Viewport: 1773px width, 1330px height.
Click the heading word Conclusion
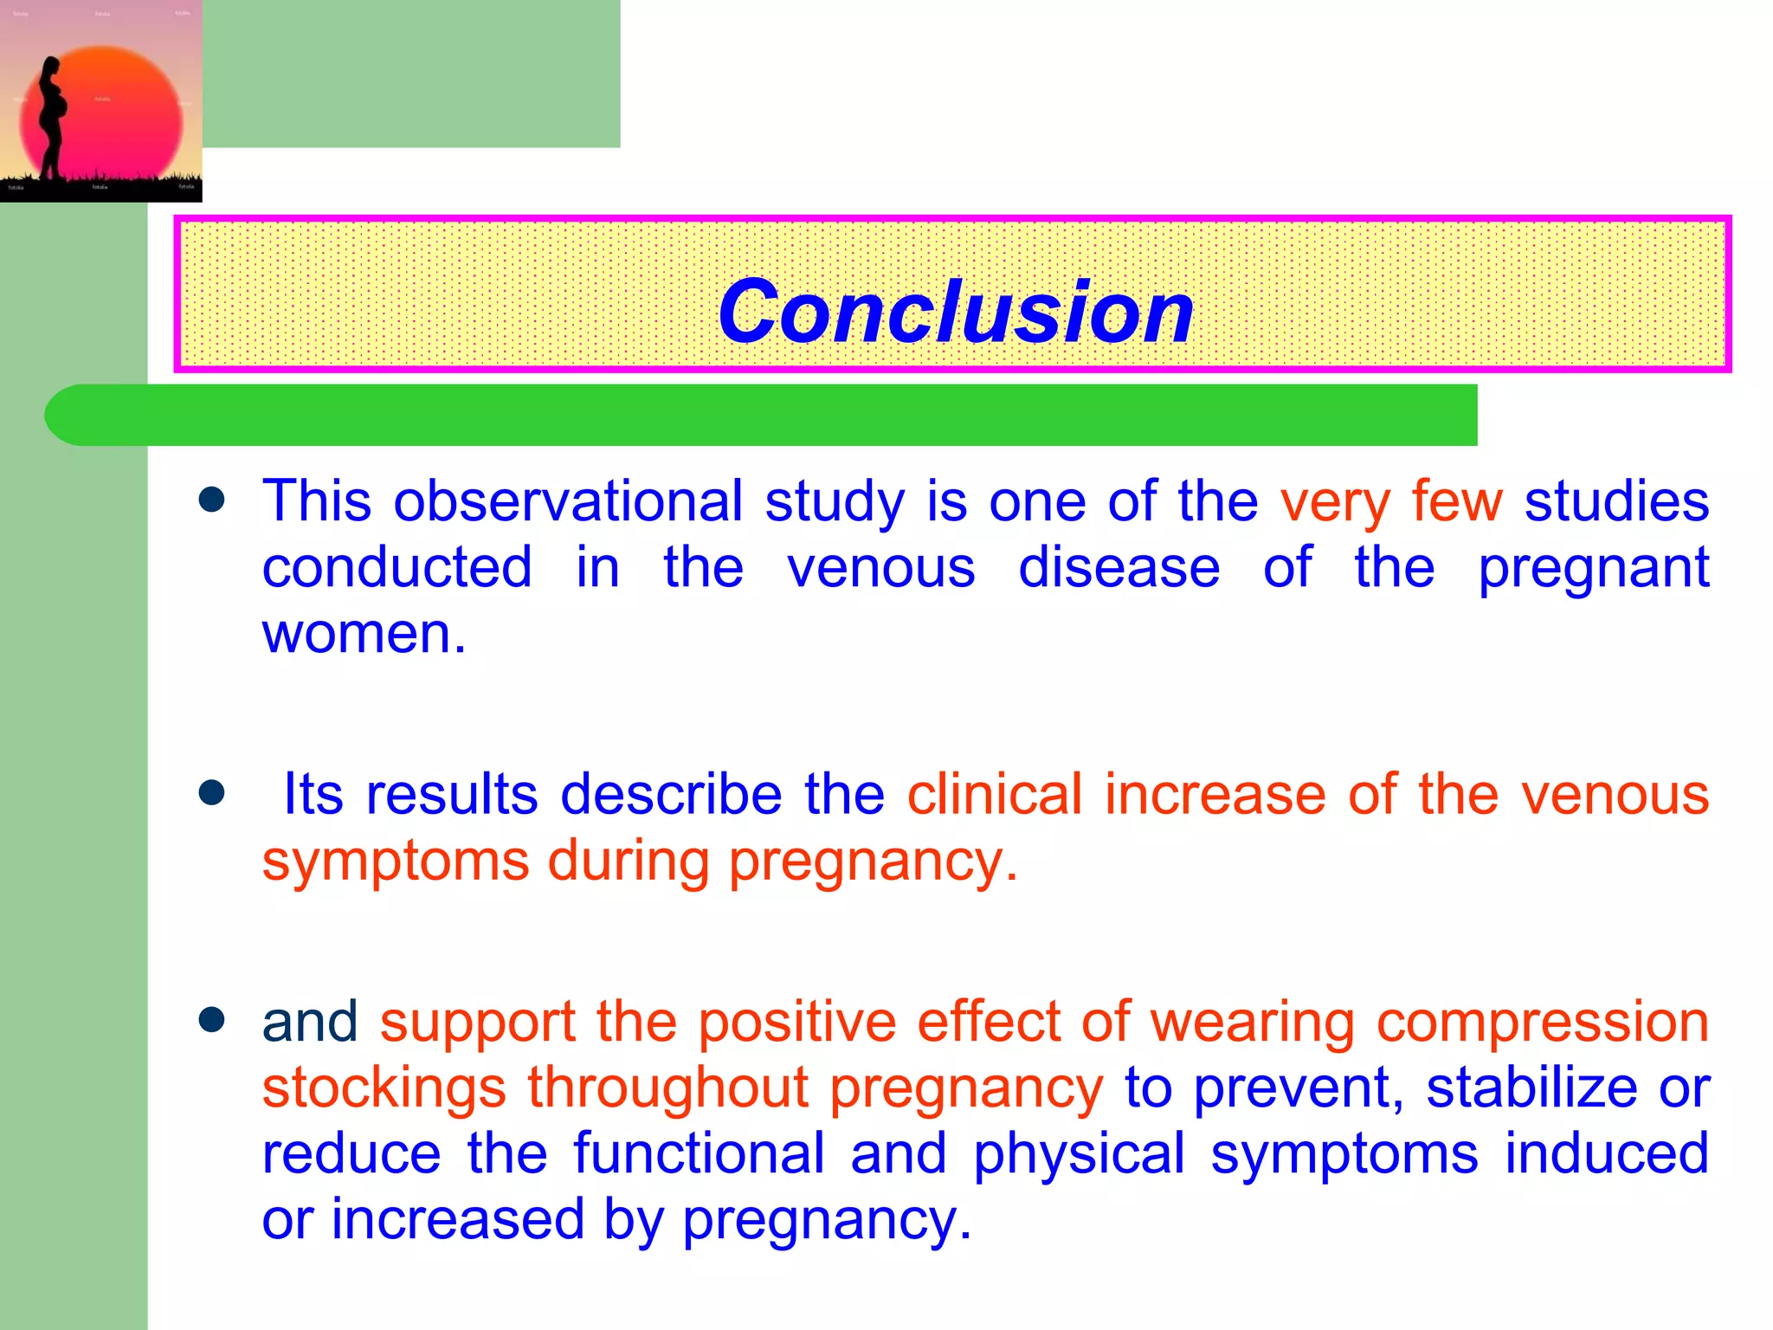[956, 312]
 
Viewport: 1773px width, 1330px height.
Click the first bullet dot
[211, 500]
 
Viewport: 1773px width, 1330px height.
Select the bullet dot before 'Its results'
[211, 792]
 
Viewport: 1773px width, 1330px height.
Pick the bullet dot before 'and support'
[211, 1019]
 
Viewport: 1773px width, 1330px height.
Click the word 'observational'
[568, 502]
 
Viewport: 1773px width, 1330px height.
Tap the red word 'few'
[1457, 502]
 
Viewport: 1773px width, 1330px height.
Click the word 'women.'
[364, 634]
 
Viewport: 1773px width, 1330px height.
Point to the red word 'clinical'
[995, 795]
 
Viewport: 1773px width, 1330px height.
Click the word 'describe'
[671, 795]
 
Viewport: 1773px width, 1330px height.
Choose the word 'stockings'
[384, 1089]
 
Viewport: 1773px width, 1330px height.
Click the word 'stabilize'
[1531, 1088]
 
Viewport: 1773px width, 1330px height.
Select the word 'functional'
[699, 1153]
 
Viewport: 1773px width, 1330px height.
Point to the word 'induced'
[1606, 1153]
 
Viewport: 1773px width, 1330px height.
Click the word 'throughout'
[667, 1088]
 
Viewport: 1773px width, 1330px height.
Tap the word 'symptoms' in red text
[396, 862]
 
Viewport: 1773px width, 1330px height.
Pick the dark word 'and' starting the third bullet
[310, 1022]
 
